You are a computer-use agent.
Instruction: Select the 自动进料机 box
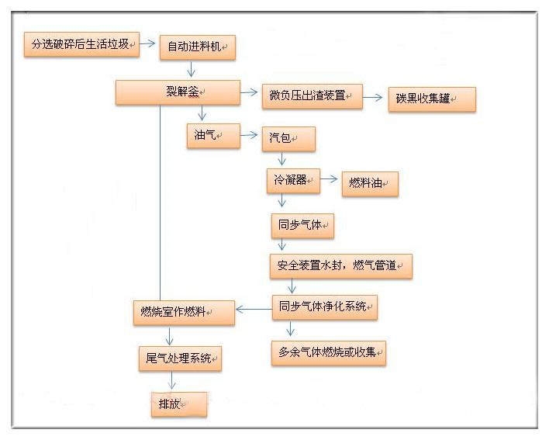tap(197, 47)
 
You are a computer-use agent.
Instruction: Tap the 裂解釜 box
tap(178, 92)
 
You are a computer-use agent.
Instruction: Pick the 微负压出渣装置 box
tap(312, 96)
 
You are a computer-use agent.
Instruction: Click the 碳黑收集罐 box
tap(431, 99)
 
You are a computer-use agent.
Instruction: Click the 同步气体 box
tap(302, 226)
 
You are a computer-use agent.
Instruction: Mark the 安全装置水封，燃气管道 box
tap(340, 266)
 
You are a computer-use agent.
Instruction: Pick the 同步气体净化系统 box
tap(324, 307)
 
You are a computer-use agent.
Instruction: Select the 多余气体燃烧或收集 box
tap(328, 353)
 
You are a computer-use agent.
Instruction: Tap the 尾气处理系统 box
tap(179, 358)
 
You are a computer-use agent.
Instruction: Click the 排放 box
tap(178, 404)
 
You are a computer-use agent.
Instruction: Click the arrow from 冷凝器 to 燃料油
tap(330, 181)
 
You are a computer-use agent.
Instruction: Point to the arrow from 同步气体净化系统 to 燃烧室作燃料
tap(252, 310)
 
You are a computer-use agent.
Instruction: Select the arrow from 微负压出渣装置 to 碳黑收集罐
tap(375, 98)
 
